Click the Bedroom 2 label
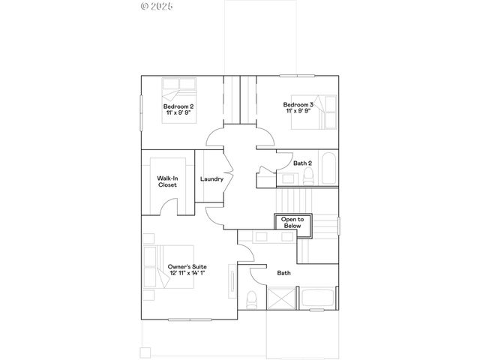178,106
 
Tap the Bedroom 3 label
298,104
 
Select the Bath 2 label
302,163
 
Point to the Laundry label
211,179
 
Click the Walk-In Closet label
167,181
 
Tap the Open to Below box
292,222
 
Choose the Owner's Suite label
187,267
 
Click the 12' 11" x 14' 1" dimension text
187,274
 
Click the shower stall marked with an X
283,298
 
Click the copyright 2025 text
157,6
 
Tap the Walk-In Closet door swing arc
172,206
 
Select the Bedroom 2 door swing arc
217,136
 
